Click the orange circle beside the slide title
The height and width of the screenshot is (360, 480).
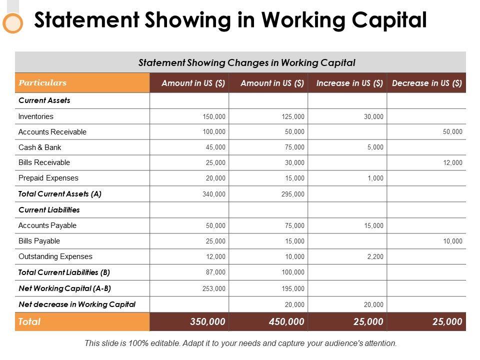pyautogui.click(x=13, y=23)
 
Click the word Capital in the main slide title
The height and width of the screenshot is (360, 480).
pyautogui.click(x=380, y=20)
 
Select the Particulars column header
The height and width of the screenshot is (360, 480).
pyautogui.click(x=42, y=83)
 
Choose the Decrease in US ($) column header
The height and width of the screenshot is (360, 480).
pyautogui.click(x=427, y=83)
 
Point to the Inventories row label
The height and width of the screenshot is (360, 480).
pyautogui.click(x=35, y=116)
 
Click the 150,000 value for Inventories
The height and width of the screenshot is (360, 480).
pyautogui.click(x=214, y=117)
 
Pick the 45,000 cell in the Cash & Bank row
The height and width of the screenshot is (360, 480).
pyautogui.click(x=216, y=147)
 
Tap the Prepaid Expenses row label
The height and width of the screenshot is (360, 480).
pyautogui.click(x=48, y=178)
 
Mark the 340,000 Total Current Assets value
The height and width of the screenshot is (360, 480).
pyautogui.click(x=214, y=194)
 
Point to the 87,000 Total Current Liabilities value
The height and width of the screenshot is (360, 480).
pyautogui.click(x=216, y=272)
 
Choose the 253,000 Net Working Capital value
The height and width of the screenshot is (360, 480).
pyautogui.click(x=214, y=288)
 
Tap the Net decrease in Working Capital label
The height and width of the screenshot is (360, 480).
pyautogui.click(x=77, y=304)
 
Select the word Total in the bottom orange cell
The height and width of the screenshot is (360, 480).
pyautogui.click(x=29, y=322)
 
